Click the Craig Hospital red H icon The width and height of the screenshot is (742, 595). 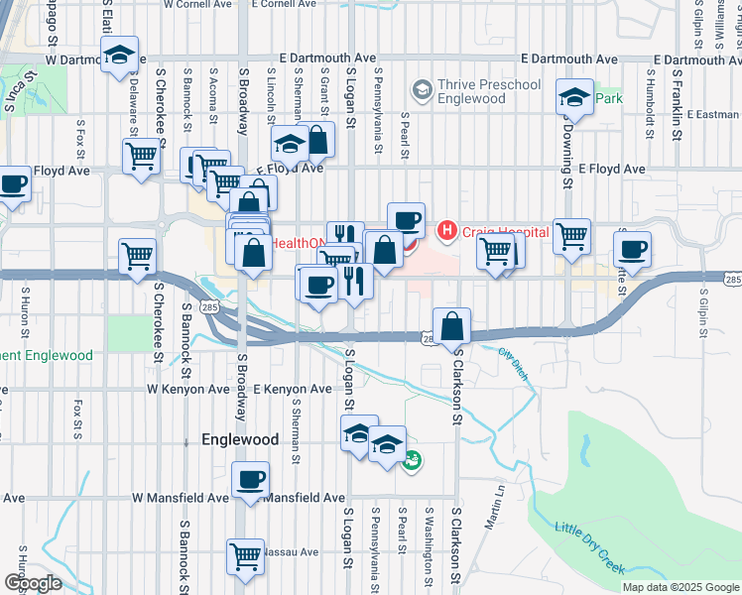(446, 231)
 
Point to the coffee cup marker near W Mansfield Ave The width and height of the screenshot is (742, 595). (250, 480)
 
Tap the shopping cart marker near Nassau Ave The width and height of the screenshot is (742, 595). (245, 555)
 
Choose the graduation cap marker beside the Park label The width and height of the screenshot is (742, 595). (573, 97)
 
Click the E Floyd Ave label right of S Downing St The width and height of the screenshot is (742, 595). (612, 170)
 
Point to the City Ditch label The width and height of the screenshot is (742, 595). (512, 364)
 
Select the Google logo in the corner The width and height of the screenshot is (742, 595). (32, 582)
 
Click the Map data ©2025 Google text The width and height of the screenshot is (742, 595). (680, 587)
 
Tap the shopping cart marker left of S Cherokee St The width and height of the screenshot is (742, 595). (137, 255)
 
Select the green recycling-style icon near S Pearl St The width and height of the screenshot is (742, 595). (414, 459)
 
